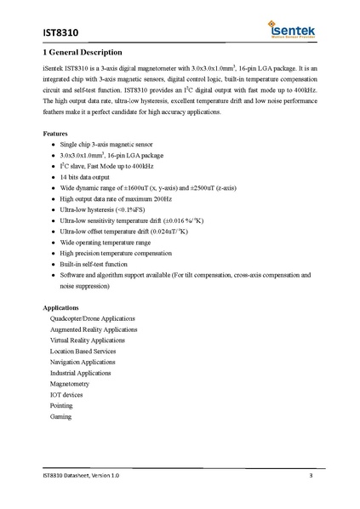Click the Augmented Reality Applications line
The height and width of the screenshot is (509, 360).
94,329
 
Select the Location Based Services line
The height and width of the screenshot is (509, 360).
83,351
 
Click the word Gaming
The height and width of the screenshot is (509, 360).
61,417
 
